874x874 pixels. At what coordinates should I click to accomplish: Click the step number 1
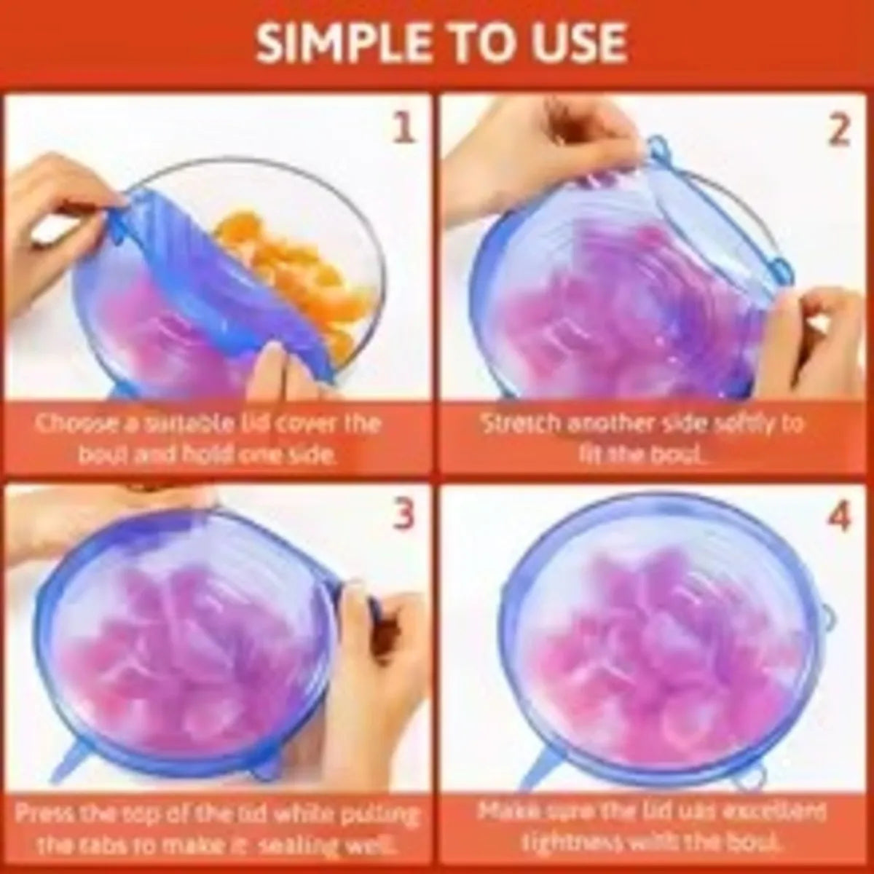pos(403,129)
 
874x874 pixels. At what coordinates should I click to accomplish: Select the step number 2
pos(838,129)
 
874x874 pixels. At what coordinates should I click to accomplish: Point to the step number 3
pos(403,514)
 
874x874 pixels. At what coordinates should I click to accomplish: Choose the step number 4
pos(838,516)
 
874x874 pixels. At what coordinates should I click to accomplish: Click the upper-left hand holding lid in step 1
pos(51,219)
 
